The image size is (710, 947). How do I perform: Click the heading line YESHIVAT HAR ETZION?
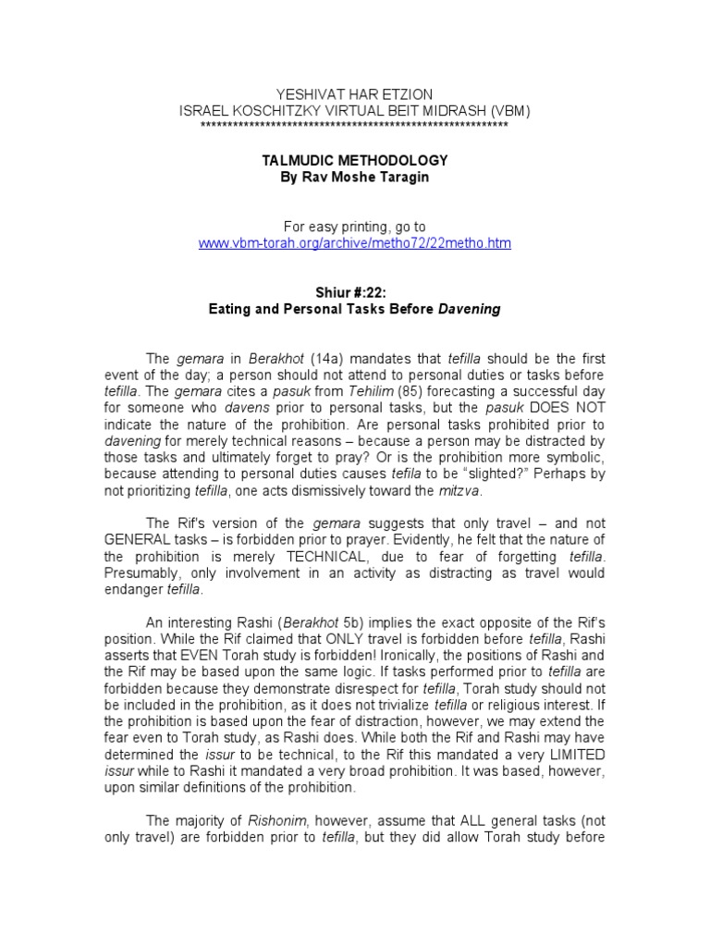click(x=354, y=95)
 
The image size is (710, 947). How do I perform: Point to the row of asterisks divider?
click(x=354, y=124)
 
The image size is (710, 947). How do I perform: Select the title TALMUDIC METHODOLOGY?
click(x=355, y=161)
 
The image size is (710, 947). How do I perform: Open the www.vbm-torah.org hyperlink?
click(x=355, y=243)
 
